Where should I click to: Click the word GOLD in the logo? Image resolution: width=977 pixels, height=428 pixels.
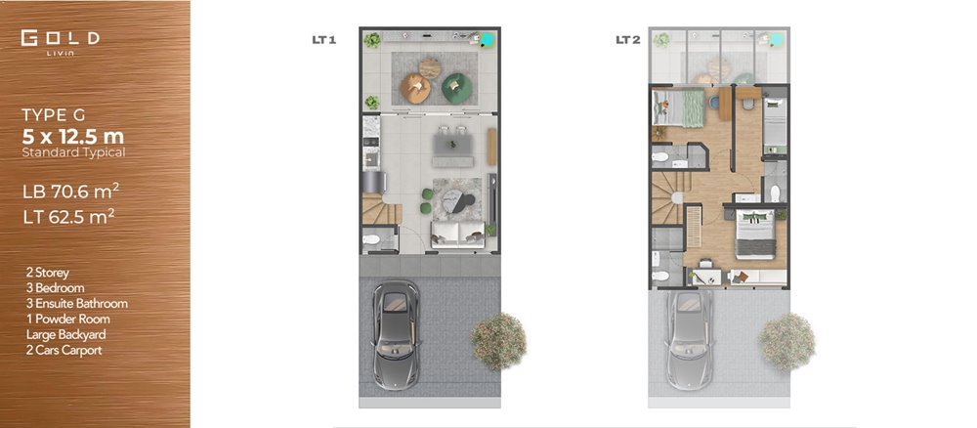pyautogui.click(x=60, y=38)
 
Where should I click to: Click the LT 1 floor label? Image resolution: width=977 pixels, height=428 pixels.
pyautogui.click(x=324, y=40)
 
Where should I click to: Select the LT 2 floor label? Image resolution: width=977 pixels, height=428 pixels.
pyautogui.click(x=628, y=40)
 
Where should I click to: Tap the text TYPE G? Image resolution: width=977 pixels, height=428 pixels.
pyautogui.click(x=54, y=115)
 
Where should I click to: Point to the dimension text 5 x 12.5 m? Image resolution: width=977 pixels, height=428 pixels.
pyautogui.click(x=73, y=136)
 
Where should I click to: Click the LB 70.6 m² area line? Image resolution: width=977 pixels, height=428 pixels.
pyautogui.click(x=70, y=192)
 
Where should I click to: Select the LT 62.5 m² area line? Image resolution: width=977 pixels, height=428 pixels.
pyautogui.click(x=68, y=217)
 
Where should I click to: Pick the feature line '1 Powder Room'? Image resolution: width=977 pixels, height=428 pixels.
pyautogui.click(x=67, y=319)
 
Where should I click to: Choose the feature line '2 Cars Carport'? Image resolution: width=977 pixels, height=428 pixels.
pyautogui.click(x=64, y=350)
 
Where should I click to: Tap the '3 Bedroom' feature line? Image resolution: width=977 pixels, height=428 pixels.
pyautogui.click(x=55, y=288)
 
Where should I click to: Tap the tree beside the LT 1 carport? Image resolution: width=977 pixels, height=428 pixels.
pyautogui.click(x=498, y=341)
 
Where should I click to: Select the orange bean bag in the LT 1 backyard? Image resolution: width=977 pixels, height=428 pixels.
pyautogui.click(x=415, y=89)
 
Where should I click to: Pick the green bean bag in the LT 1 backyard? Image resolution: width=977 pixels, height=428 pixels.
pyautogui.click(x=457, y=88)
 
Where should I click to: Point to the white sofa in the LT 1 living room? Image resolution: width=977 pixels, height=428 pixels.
pyautogui.click(x=458, y=235)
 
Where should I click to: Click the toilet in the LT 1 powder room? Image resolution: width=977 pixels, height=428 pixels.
pyautogui.click(x=371, y=239)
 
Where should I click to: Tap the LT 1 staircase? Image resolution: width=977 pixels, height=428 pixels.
pyautogui.click(x=381, y=209)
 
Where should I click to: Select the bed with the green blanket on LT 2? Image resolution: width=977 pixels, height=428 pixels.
pyautogui.click(x=677, y=107)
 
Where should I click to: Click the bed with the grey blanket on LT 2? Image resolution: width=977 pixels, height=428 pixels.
pyautogui.click(x=755, y=235)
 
